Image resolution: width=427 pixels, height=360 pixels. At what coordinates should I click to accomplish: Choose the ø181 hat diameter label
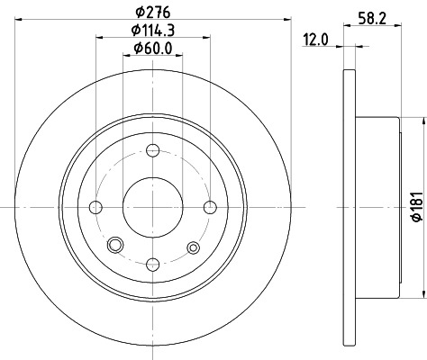coord(415,208)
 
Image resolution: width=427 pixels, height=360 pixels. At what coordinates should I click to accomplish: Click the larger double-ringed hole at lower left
coord(114,246)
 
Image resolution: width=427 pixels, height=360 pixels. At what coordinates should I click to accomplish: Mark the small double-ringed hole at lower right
coord(192,247)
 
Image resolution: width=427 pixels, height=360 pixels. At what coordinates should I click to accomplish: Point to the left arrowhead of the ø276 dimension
coord(17,22)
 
